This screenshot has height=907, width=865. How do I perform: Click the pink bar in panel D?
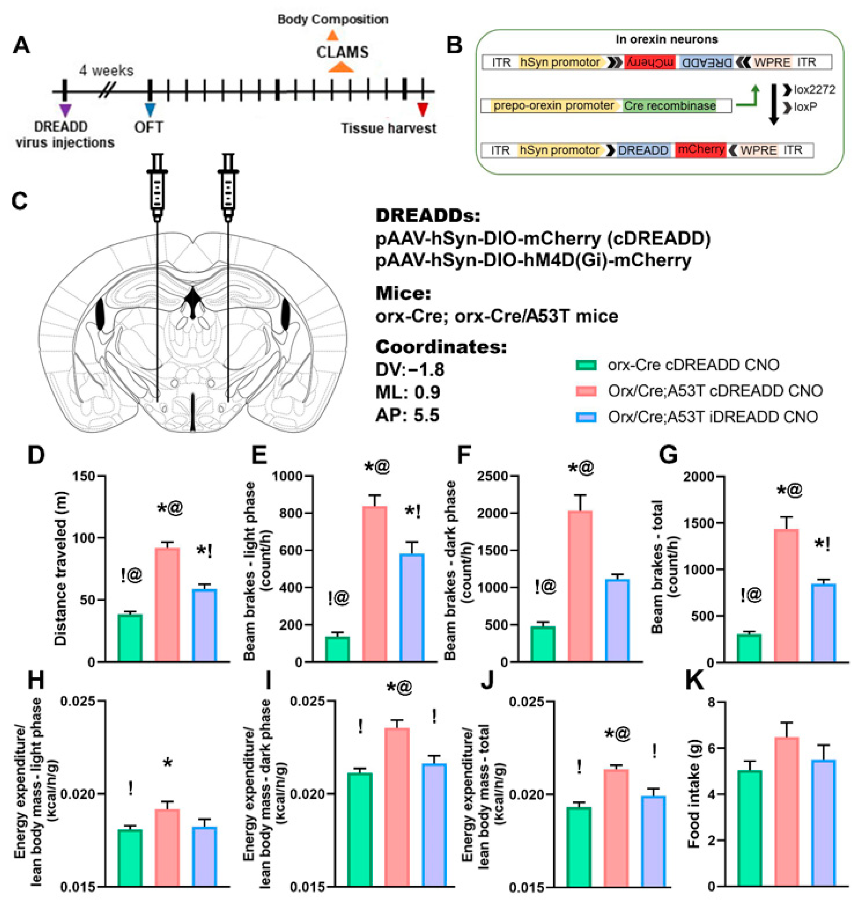click(x=167, y=604)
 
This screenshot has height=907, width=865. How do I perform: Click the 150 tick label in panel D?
click(x=84, y=476)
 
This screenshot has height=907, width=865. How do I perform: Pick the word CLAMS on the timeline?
click(x=342, y=52)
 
